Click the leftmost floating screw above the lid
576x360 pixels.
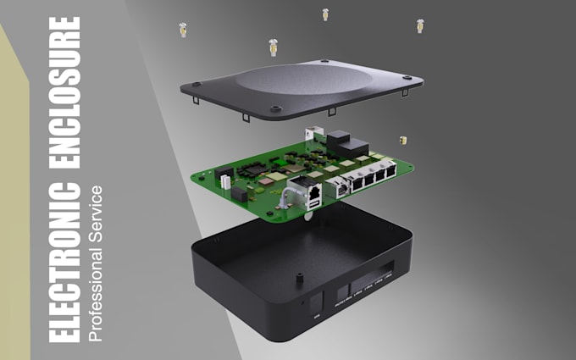point(181,30)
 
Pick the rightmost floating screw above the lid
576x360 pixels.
point(419,25)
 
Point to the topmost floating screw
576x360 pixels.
point(324,14)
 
